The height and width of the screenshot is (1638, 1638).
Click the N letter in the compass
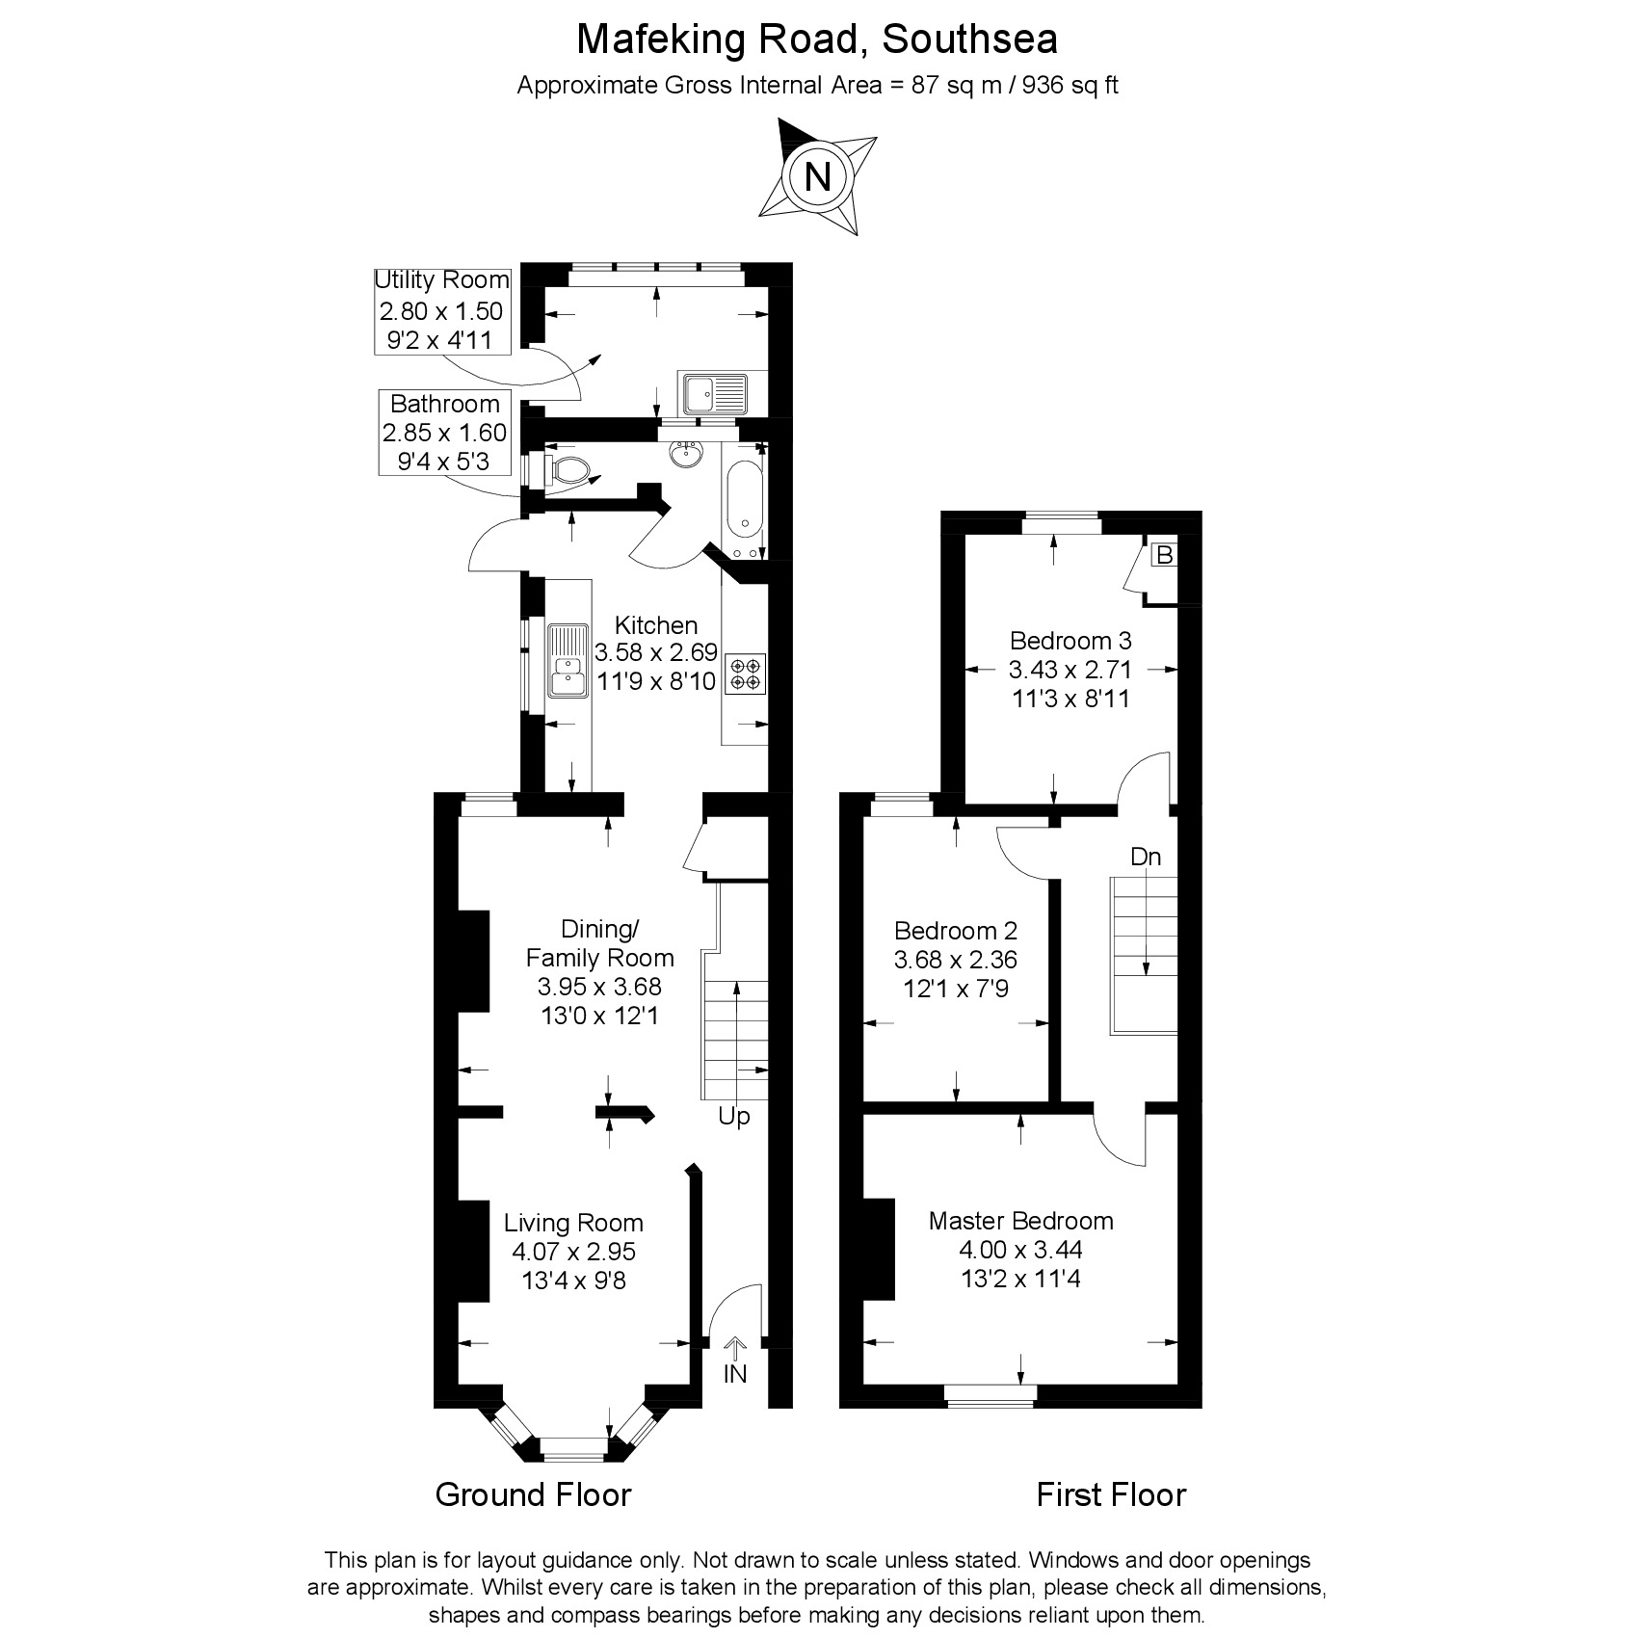click(x=817, y=177)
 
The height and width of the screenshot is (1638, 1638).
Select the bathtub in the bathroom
click(x=744, y=499)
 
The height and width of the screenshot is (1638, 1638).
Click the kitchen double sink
click(x=568, y=661)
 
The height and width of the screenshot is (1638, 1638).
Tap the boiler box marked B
click(x=1164, y=556)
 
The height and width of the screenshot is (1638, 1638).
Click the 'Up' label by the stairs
click(x=734, y=1117)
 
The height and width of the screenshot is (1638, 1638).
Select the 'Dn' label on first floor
click(x=1145, y=857)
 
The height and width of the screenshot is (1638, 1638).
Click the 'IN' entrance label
click(x=735, y=1374)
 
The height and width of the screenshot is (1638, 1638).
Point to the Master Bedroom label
click(x=1020, y=1221)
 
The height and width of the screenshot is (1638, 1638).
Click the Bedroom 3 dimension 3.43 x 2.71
click(x=1070, y=670)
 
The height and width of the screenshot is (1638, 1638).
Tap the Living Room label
click(x=573, y=1223)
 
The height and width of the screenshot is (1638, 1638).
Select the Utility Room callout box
click(x=441, y=310)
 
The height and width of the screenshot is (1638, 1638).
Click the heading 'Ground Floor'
click(x=533, y=1494)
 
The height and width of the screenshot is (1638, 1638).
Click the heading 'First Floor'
click(x=1110, y=1494)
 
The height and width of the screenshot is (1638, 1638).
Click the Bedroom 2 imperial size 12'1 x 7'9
click(x=955, y=989)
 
